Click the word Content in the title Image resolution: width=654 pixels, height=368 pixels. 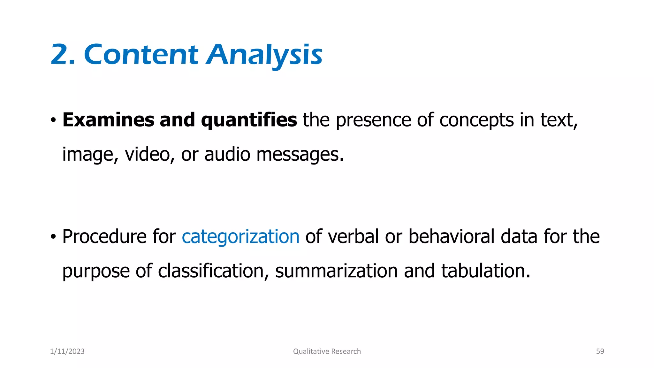(x=141, y=55)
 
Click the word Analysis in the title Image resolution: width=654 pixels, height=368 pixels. (x=264, y=55)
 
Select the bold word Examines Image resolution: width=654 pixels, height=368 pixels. (x=108, y=120)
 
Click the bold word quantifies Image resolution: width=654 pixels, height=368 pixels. (x=249, y=120)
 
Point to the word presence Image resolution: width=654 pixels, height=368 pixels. (x=373, y=121)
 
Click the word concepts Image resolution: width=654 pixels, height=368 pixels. (x=476, y=121)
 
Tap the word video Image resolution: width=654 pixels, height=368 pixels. (x=147, y=154)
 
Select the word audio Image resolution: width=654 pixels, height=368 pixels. (x=227, y=154)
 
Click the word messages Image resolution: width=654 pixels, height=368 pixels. (x=300, y=155)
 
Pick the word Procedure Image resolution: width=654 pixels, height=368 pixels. (x=104, y=237)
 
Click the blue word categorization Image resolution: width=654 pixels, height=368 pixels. (x=240, y=237)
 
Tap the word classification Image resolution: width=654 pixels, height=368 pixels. (x=211, y=271)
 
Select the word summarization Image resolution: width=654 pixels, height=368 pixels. (x=336, y=271)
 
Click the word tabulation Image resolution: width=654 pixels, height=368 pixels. (x=485, y=271)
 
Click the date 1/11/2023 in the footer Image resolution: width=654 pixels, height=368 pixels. (x=67, y=351)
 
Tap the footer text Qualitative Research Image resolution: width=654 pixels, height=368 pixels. (x=327, y=351)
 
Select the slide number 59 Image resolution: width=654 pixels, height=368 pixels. (x=600, y=351)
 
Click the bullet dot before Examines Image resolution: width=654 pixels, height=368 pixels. (x=53, y=121)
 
